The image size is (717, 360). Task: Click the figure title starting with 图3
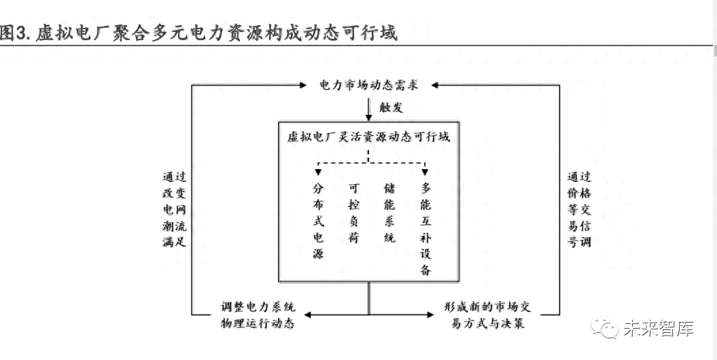click(198, 33)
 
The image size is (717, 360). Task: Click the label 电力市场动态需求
click(368, 85)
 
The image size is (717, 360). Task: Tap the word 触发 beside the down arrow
click(391, 108)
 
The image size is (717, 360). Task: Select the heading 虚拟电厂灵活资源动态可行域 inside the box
click(368, 137)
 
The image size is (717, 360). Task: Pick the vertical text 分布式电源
click(318, 221)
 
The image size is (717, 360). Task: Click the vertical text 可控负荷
click(353, 213)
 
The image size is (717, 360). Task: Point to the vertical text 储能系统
click(389, 213)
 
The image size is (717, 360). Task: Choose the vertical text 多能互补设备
click(425, 230)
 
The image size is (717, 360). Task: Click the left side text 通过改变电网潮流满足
click(174, 209)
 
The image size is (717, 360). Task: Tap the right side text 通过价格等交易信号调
click(579, 209)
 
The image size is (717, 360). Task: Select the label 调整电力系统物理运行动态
click(258, 314)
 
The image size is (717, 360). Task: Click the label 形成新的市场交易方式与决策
click(487, 314)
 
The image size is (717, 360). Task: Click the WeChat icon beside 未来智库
click(604, 327)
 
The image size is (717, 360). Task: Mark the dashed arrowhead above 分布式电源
click(318, 173)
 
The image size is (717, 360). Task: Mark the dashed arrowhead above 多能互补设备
click(425, 173)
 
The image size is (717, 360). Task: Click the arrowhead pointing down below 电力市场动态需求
click(368, 118)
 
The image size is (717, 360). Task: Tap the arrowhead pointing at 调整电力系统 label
click(308, 314)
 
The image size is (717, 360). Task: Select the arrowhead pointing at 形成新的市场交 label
click(430, 314)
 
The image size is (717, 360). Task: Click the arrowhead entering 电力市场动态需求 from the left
click(302, 85)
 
